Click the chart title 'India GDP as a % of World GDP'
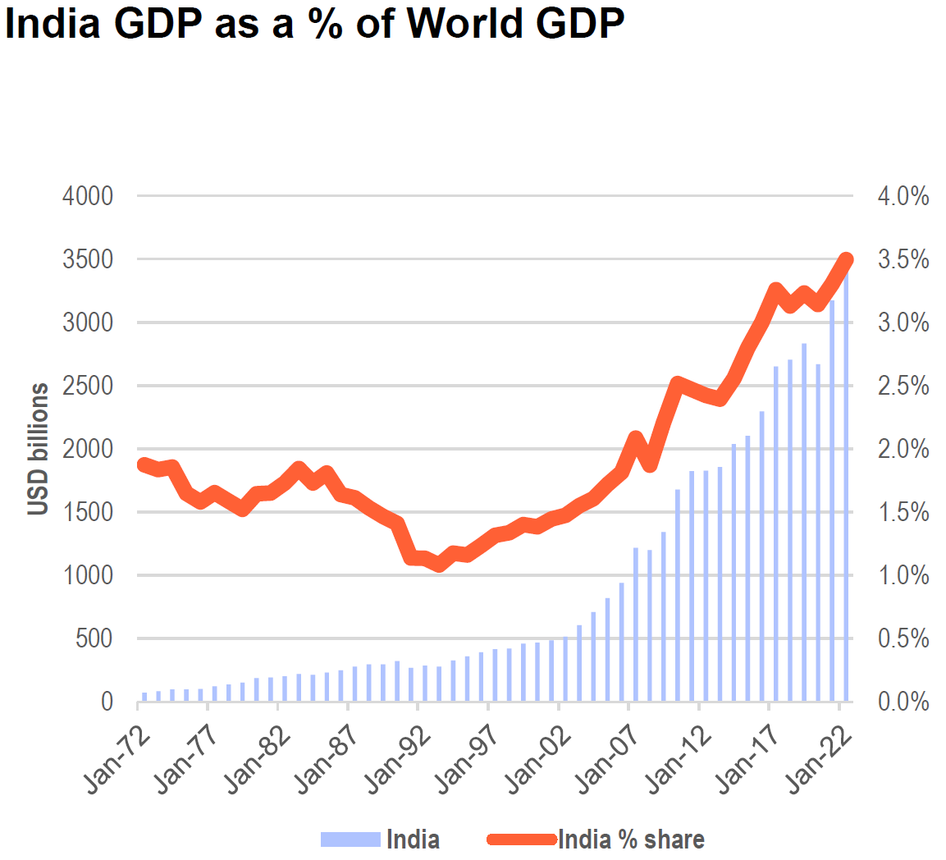pos(314,24)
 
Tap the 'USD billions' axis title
pos(38,449)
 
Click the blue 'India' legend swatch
pos(350,839)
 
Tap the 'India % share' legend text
pos(631,839)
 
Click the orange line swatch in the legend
pos(521,839)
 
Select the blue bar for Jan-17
pos(776,534)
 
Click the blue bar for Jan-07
pos(636,624)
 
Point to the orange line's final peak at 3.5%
pos(847,260)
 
